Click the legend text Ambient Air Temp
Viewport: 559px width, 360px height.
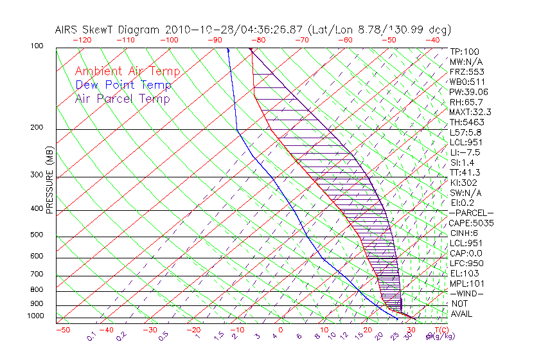coord(127,71)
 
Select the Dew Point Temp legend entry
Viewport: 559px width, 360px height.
coord(123,85)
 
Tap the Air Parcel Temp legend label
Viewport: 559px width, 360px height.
coord(122,98)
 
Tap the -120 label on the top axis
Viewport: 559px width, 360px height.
coord(82,40)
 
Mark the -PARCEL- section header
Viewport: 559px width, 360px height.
coord(471,213)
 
